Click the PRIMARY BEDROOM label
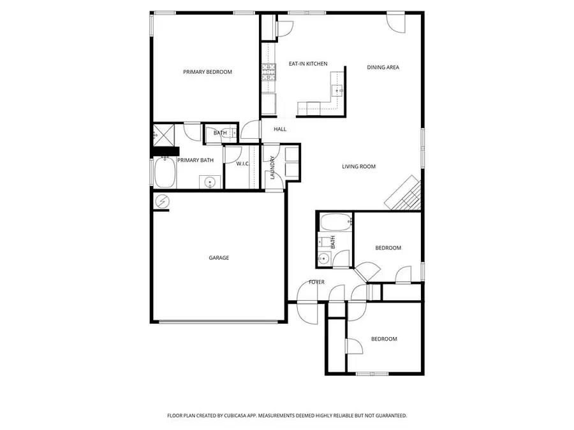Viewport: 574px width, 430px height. [x=207, y=72]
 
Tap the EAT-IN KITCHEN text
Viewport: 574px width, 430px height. [x=308, y=64]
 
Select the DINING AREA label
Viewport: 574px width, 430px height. [x=383, y=67]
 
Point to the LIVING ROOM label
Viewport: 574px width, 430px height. [x=358, y=167]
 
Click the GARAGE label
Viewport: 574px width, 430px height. [x=219, y=258]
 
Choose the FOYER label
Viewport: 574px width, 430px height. [x=316, y=282]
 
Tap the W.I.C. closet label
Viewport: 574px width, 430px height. [x=242, y=164]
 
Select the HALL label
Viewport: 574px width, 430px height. [x=280, y=129]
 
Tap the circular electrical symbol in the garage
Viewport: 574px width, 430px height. [x=162, y=202]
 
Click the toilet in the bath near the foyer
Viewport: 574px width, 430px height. [x=327, y=242]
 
